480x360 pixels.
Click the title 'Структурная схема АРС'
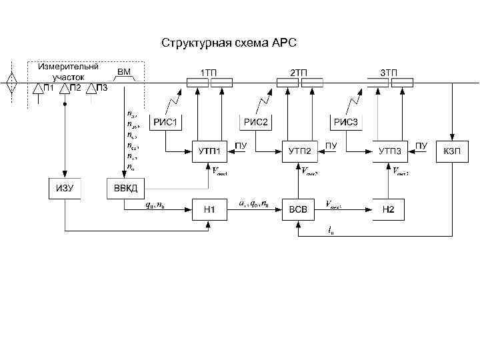pos(233,43)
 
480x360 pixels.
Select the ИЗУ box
pos(65,188)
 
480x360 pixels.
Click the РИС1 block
pos(167,122)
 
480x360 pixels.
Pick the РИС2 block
pos(256,122)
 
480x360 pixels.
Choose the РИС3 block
pos(346,122)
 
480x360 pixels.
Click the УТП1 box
pos(210,151)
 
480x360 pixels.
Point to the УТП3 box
pos(390,151)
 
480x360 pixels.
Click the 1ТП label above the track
pos(208,71)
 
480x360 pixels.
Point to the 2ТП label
pos(298,71)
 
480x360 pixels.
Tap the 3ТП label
pos(388,71)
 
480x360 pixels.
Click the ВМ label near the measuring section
pos(124,71)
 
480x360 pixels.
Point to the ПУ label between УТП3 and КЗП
pos(421,145)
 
